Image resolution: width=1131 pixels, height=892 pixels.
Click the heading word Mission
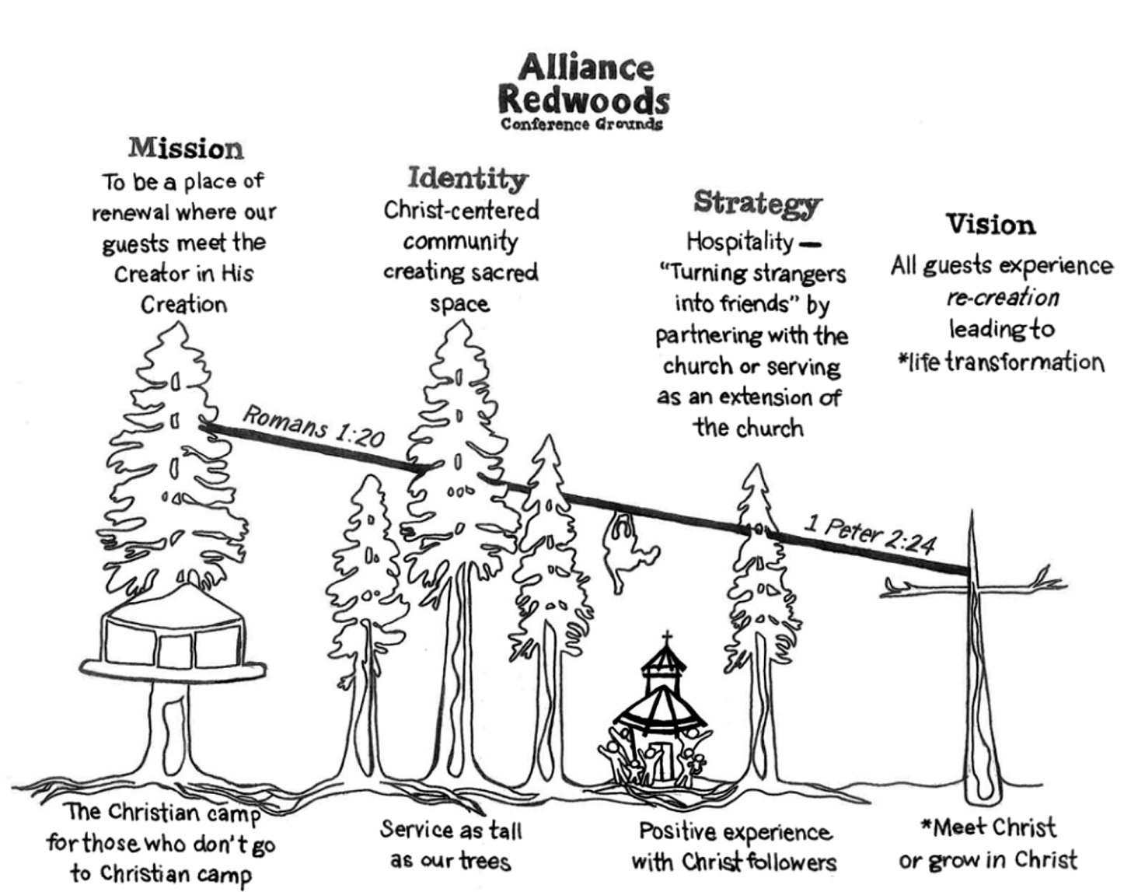[186, 148]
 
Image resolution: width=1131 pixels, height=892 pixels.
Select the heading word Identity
[467, 178]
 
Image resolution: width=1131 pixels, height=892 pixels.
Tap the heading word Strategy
[756, 202]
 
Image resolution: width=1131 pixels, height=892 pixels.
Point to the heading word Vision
[990, 225]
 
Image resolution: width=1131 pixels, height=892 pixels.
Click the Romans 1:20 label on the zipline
[313, 427]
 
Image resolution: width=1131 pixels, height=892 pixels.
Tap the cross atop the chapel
[666, 640]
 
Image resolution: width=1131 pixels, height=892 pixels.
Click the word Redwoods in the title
[583, 101]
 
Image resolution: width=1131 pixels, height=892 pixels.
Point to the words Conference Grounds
[581, 124]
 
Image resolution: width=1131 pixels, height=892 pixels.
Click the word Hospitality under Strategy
[739, 242]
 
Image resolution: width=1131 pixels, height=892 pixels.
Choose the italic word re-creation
[1002, 298]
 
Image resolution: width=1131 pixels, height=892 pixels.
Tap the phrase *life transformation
[1000, 362]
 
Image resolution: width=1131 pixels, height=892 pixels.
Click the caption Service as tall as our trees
[450, 845]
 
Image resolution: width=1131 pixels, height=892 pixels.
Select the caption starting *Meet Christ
[988, 843]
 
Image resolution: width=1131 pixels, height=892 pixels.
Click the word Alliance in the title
[585, 68]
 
